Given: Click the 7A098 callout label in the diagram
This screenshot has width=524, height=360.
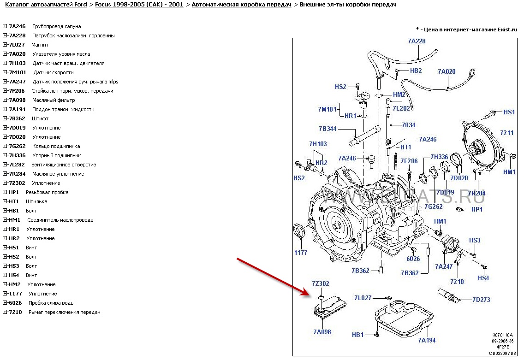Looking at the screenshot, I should [322, 332].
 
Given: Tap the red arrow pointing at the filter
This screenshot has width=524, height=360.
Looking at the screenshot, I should [272, 277].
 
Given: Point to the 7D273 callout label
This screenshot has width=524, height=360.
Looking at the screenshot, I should [481, 300].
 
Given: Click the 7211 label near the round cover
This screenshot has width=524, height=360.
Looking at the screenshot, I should [507, 133].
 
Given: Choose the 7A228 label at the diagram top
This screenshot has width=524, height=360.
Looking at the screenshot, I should [417, 41].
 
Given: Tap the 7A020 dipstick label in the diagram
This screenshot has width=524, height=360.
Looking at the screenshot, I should [447, 71].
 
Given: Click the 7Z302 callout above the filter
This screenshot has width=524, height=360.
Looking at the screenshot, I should [320, 283].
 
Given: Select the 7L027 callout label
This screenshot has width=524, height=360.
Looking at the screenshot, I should [363, 298].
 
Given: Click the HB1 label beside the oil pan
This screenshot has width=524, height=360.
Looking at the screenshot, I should [358, 335].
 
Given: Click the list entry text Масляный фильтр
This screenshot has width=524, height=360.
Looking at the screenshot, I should [54, 100].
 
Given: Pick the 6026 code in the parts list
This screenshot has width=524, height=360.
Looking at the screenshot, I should [15, 303].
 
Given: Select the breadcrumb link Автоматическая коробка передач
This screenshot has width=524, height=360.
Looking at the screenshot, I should [241, 5].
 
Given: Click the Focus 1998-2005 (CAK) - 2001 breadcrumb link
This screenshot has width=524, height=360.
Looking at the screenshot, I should [139, 5].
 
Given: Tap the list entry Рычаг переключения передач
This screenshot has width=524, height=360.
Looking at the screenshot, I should [65, 312].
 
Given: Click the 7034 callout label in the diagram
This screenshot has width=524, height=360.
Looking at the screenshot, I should [408, 125].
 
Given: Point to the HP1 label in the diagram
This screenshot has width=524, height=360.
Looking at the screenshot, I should [477, 209].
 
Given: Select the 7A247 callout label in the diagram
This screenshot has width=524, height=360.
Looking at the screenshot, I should [444, 266].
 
